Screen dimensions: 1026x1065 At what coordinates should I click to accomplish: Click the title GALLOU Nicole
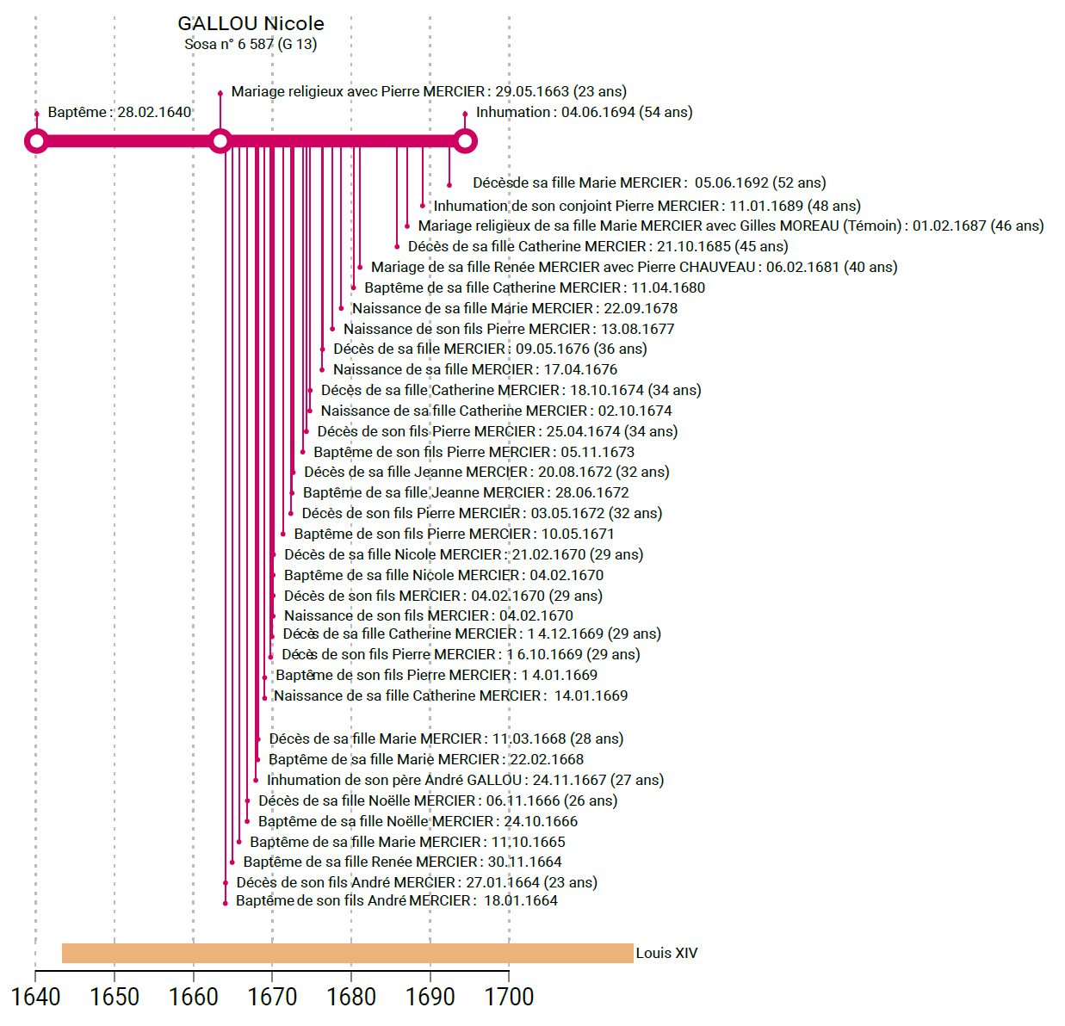coord(251,24)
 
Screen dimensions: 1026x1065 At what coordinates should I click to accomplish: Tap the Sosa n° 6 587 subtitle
coord(251,44)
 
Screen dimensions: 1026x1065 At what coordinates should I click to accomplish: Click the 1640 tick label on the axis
coord(35,997)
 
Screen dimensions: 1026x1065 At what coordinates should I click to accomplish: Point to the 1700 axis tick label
coord(509,997)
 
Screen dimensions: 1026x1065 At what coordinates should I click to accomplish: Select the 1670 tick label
coord(272,997)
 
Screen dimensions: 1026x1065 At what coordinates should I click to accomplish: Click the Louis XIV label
coord(666,953)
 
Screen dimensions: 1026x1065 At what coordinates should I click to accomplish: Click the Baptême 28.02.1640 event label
coord(120,113)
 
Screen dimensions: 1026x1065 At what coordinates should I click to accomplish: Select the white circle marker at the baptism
coord(36,141)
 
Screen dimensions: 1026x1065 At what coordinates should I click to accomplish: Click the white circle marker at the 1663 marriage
coord(220,141)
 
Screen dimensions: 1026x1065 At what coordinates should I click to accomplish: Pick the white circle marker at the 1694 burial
coord(465,141)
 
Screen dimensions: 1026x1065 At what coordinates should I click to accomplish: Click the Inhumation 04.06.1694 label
coord(584,113)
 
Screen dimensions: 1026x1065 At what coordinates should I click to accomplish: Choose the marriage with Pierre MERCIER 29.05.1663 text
coord(429,92)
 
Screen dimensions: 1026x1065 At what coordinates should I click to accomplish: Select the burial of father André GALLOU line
coord(465,781)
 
